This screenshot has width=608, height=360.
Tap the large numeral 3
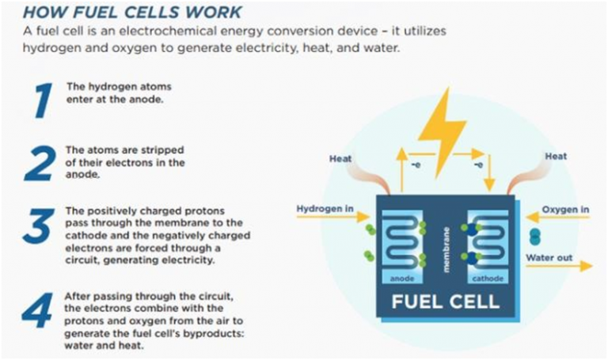37,226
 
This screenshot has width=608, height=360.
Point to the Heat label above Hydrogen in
340,158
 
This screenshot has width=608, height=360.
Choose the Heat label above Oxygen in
556,156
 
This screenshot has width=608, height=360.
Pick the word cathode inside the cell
487,279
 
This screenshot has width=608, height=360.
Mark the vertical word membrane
446,246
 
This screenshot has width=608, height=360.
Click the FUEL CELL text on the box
446,301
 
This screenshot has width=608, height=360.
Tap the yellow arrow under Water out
559,267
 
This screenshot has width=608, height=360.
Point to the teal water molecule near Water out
535,236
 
